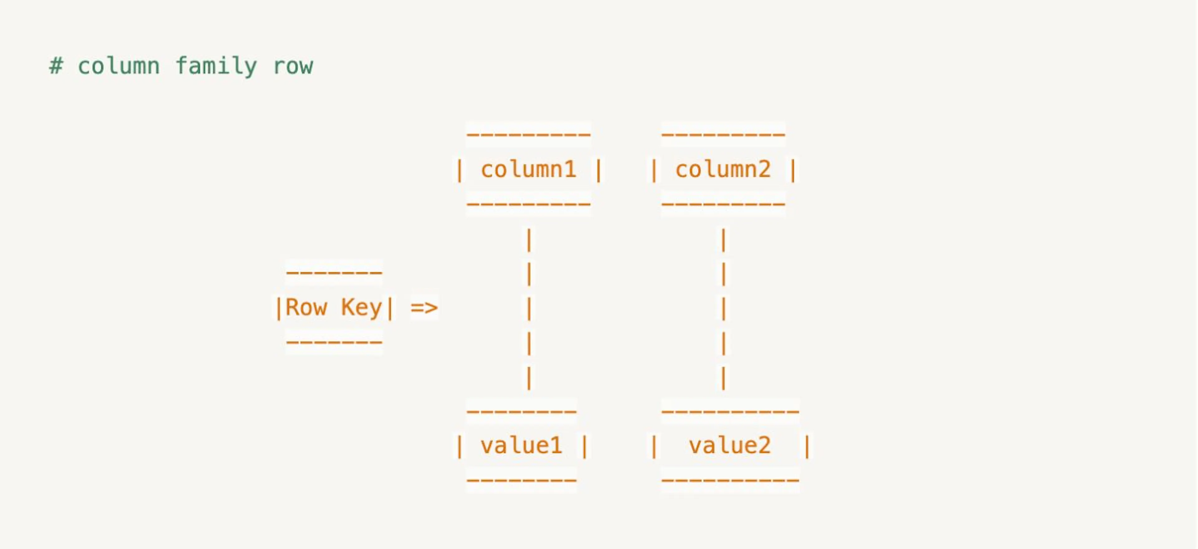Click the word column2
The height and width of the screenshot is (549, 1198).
tap(723, 169)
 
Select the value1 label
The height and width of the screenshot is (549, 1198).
tap(521, 445)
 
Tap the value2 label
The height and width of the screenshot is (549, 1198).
tap(730, 445)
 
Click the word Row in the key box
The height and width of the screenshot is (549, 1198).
tap(306, 307)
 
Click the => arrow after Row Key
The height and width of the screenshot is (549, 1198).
tap(424, 307)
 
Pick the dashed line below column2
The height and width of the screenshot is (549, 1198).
tap(723, 204)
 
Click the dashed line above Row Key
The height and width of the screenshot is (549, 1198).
tap(334, 272)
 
